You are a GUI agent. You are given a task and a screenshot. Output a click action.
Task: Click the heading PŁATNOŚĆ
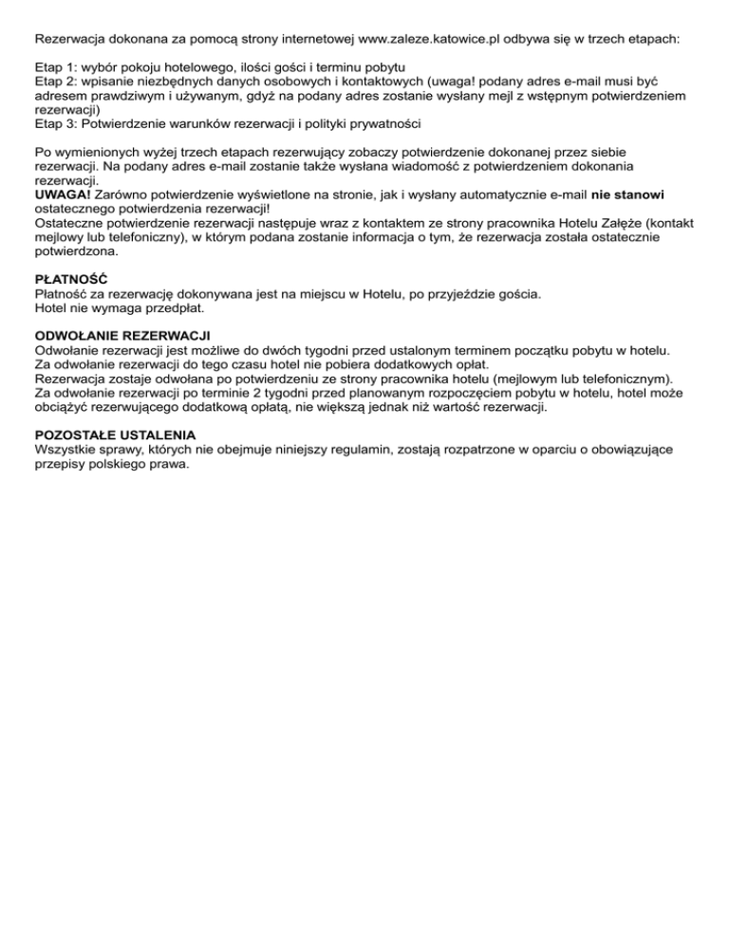point(70,280)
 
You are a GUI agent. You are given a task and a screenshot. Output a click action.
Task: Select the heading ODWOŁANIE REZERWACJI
point(121,335)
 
